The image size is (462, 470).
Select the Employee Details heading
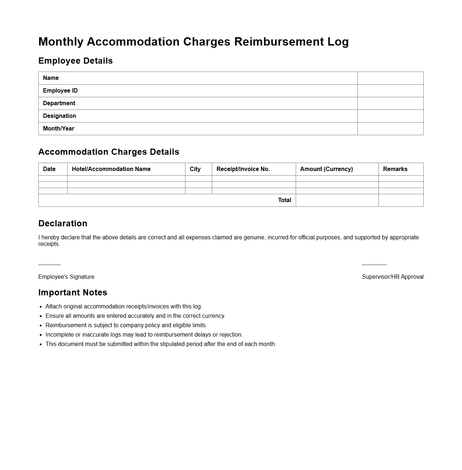(76, 61)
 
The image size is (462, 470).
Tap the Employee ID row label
(60, 91)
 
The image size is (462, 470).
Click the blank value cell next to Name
(390, 78)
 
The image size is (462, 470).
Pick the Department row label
(59, 103)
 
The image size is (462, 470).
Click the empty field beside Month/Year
(390, 129)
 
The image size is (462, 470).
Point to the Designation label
(59, 116)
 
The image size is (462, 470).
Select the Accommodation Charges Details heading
(109, 152)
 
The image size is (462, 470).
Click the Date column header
(49, 169)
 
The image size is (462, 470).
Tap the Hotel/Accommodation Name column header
(111, 169)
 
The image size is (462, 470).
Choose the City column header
(195, 169)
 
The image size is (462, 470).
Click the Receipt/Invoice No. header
(243, 169)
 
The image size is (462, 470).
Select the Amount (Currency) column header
(326, 169)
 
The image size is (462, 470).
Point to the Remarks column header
(395, 169)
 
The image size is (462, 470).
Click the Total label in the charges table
(285, 200)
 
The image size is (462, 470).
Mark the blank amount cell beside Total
(337, 200)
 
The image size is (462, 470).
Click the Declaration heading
(63, 223)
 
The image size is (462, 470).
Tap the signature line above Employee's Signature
(50, 265)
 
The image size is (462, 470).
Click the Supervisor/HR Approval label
(393, 277)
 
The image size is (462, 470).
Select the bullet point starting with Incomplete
(144, 335)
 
